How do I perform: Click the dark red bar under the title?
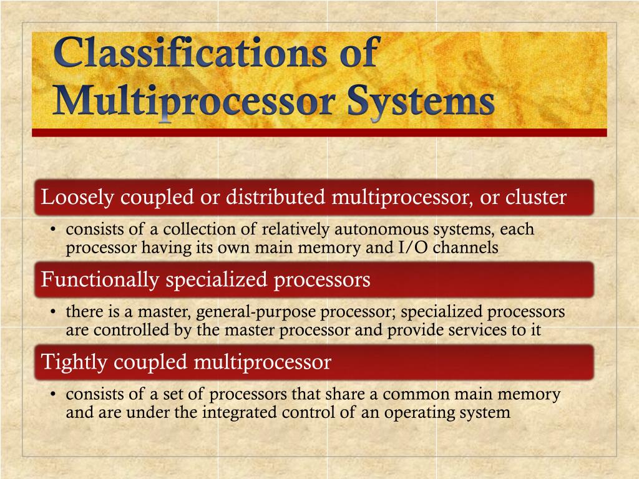[x=319, y=133]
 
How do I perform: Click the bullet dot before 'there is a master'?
[x=54, y=312]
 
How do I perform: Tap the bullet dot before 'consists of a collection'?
[x=54, y=230]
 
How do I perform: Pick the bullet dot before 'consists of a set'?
[x=54, y=395]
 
